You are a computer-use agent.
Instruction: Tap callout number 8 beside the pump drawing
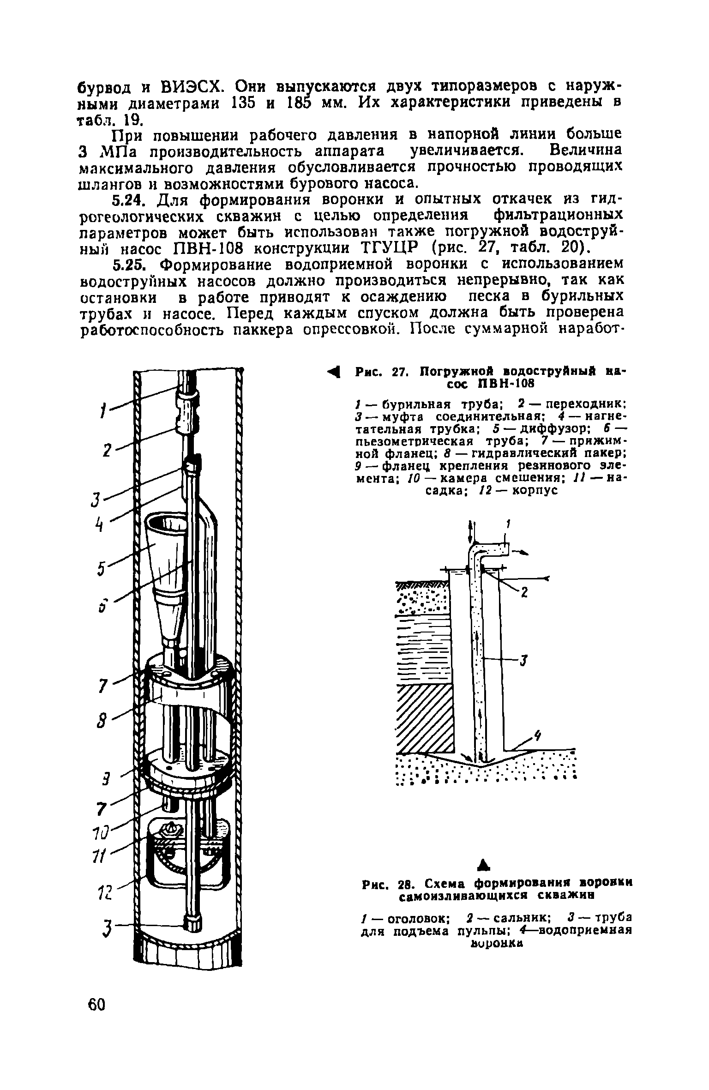103,721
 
